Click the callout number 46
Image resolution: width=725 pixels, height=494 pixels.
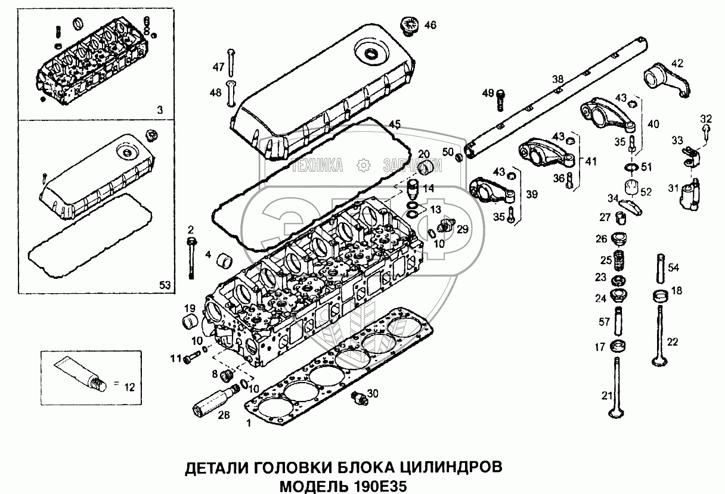click(x=430, y=25)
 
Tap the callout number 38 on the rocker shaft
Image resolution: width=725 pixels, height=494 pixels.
click(x=557, y=79)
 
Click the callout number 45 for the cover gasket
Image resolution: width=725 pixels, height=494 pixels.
click(x=394, y=124)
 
